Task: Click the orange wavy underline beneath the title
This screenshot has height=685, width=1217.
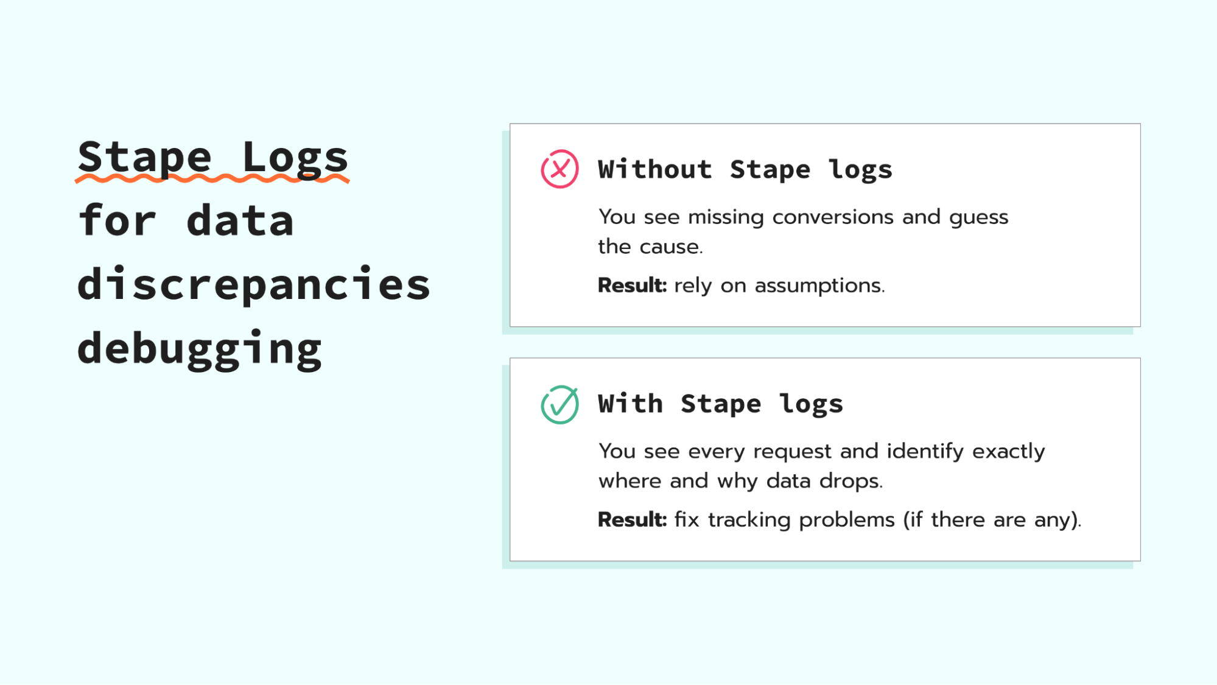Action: pyautogui.click(x=212, y=178)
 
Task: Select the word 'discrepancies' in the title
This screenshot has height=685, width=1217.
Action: pyautogui.click(x=254, y=284)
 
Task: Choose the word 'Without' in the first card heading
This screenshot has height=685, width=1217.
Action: pyautogui.click(x=655, y=169)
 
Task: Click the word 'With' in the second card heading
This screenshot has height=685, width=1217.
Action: pyautogui.click(x=630, y=404)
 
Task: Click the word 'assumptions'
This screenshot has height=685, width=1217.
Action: pyautogui.click(x=819, y=286)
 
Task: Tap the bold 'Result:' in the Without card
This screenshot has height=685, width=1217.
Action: pyautogui.click(x=632, y=285)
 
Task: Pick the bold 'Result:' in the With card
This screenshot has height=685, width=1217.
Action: pyautogui.click(x=632, y=519)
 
